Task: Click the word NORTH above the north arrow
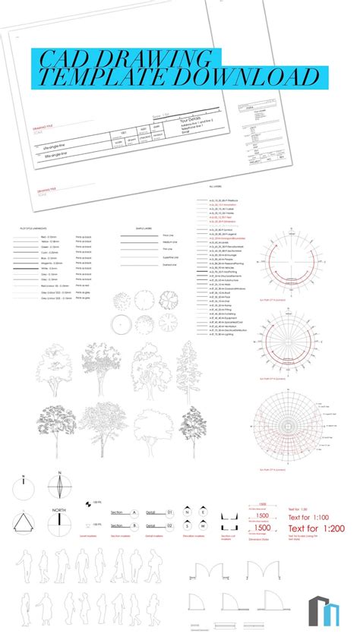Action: pyautogui.click(x=59, y=509)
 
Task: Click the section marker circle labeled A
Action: pyautogui.click(x=134, y=512)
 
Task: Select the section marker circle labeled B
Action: pyautogui.click(x=134, y=525)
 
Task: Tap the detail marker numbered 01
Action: pyautogui.click(x=170, y=512)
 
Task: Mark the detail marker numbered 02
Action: pyautogui.click(x=170, y=525)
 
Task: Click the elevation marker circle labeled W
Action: pyautogui.click(x=192, y=525)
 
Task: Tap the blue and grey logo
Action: pyautogui.click(x=324, y=611)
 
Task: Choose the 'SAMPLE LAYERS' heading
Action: pyautogui.click(x=144, y=228)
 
